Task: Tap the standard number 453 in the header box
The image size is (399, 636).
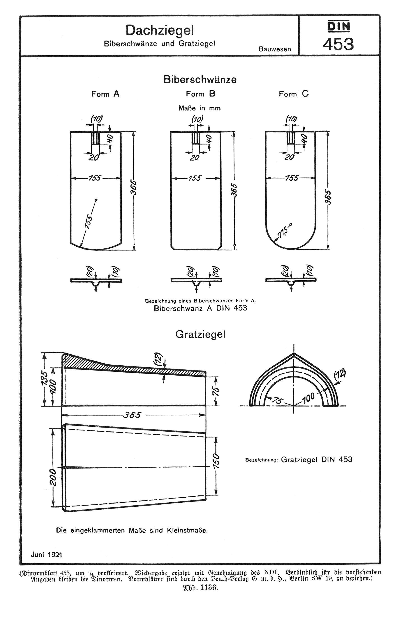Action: [338, 44]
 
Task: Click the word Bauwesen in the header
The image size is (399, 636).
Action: [275, 49]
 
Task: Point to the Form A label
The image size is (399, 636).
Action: [105, 94]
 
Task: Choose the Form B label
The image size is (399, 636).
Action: [201, 94]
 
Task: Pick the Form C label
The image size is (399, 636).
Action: [294, 94]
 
